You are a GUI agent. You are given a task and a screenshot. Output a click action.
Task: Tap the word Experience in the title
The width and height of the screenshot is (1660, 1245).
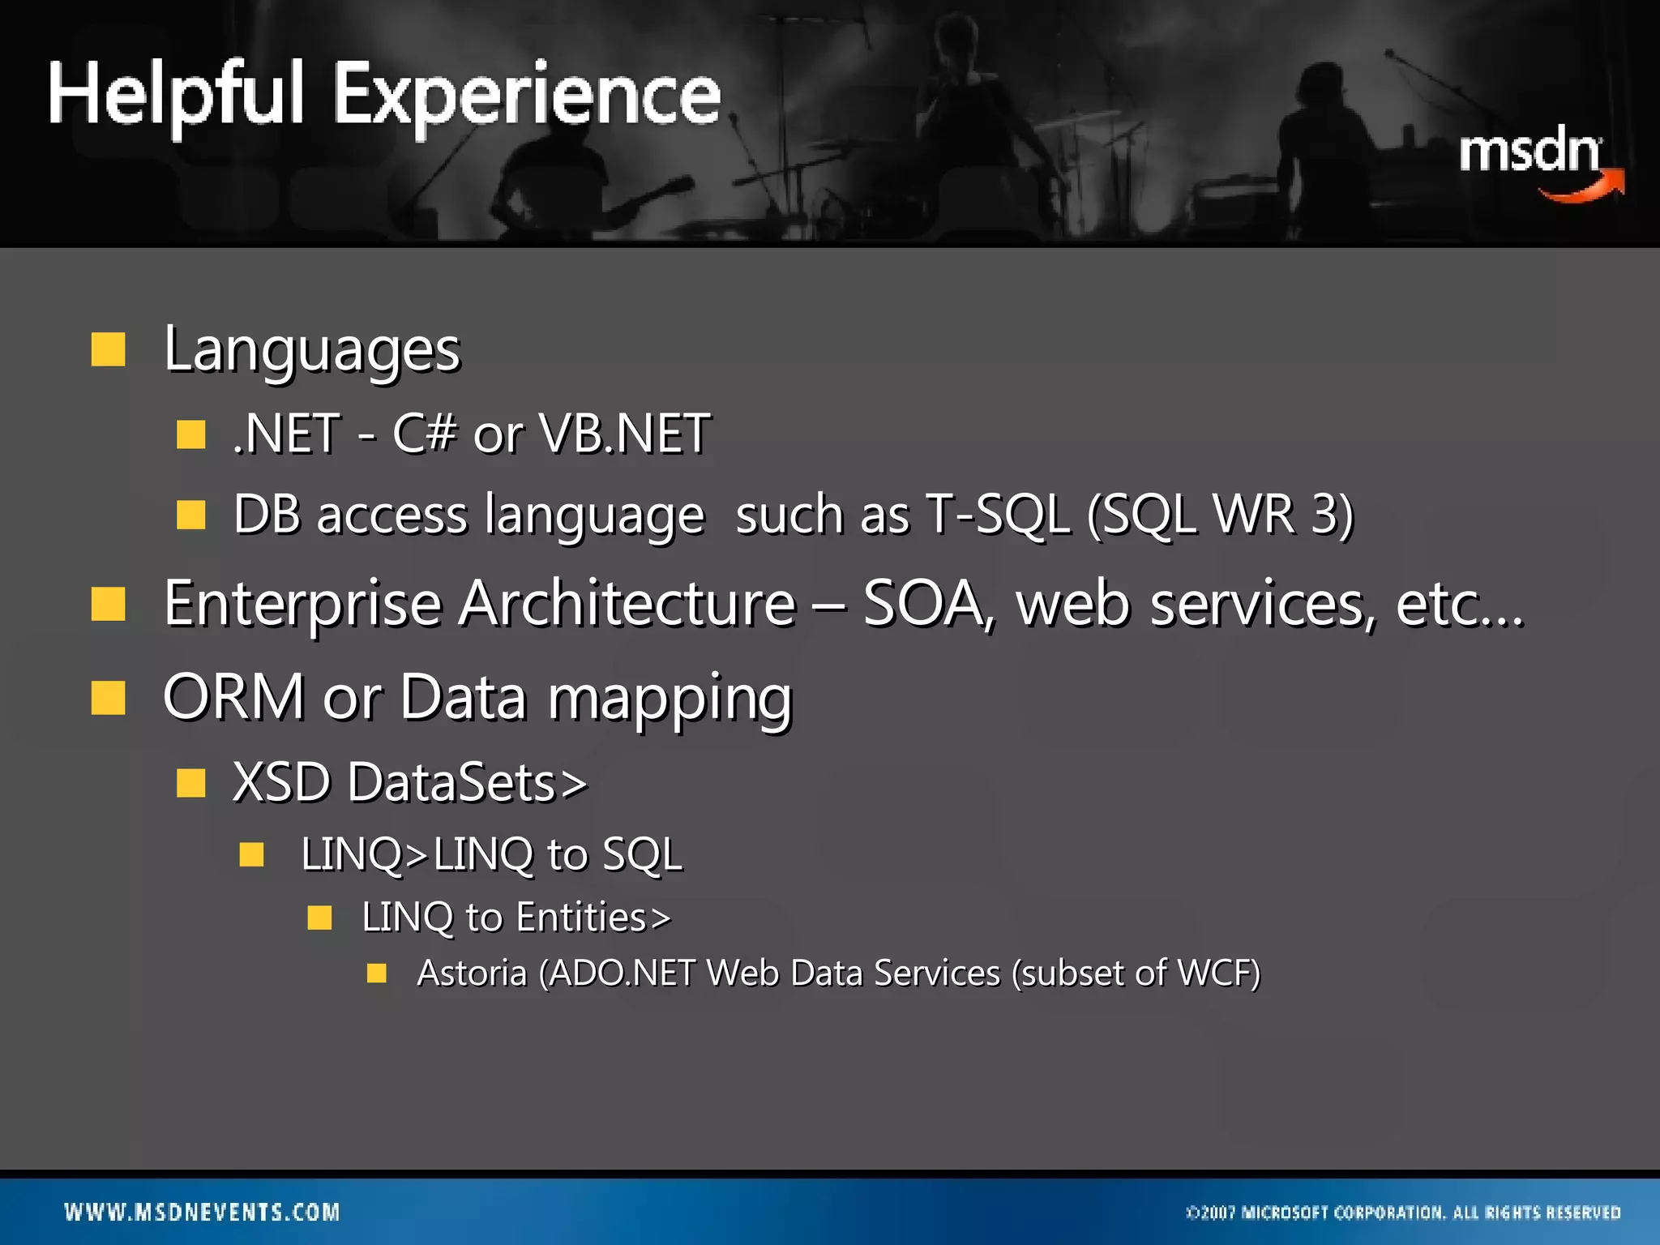click(x=527, y=97)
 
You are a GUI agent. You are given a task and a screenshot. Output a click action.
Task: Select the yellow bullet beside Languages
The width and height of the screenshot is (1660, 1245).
click(x=108, y=350)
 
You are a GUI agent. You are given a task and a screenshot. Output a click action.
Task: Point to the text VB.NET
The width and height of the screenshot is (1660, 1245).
click(x=625, y=434)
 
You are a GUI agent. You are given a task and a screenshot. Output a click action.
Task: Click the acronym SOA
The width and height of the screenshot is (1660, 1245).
click(x=924, y=604)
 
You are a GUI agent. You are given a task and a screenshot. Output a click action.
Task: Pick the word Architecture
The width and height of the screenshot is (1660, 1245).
click(x=628, y=604)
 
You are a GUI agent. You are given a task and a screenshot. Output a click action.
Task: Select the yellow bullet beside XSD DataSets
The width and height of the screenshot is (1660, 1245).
click(x=191, y=783)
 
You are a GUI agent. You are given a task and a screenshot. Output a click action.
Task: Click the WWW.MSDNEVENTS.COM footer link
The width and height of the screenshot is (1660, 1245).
click(x=203, y=1213)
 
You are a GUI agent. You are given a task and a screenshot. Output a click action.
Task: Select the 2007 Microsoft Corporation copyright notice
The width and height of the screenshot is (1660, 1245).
click(x=1403, y=1213)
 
